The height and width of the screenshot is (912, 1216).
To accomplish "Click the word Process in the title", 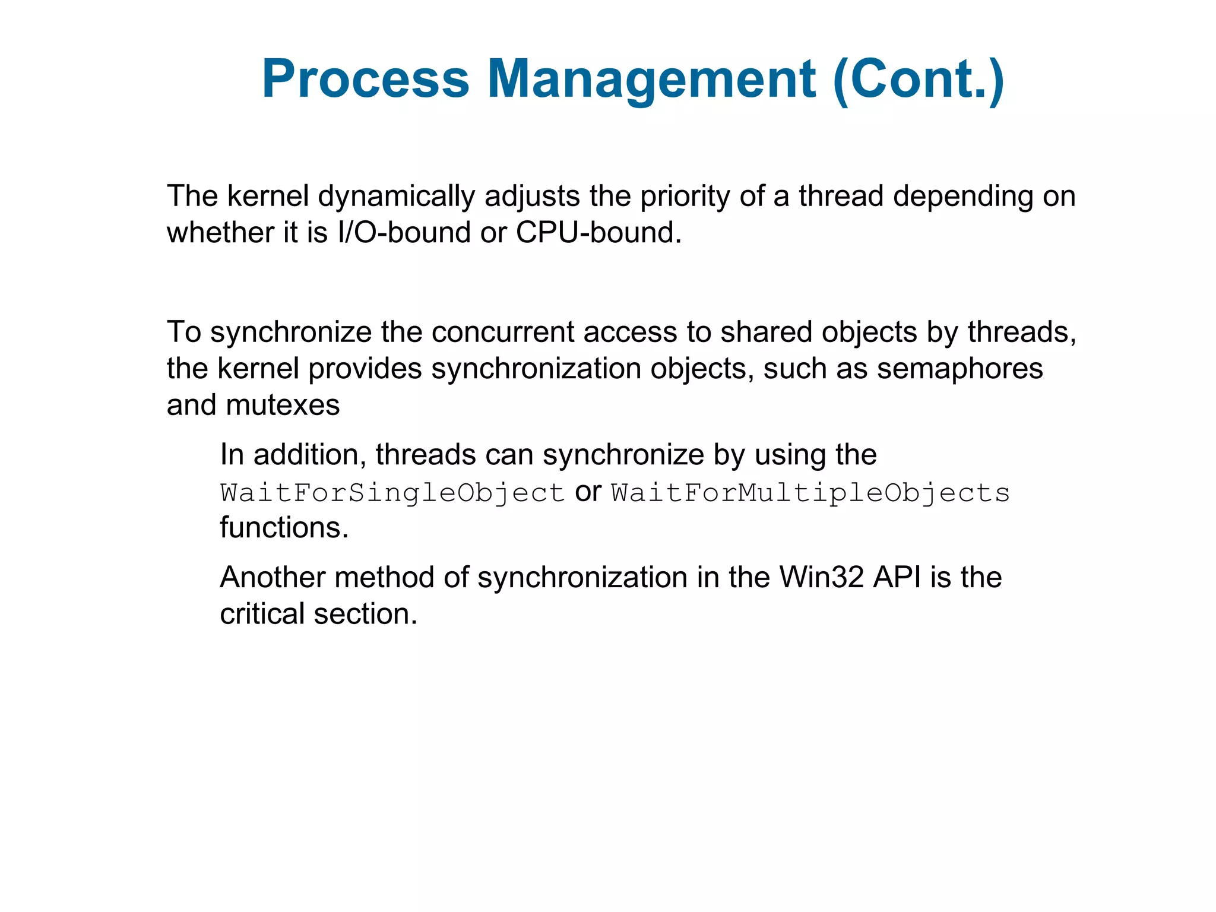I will pyautogui.click(x=365, y=79).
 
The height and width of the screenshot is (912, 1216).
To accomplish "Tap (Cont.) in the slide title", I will pyautogui.click(x=918, y=79).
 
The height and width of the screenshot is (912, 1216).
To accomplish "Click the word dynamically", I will pyautogui.click(x=396, y=197).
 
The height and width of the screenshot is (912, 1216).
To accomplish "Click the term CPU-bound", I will pyautogui.click(x=598, y=233).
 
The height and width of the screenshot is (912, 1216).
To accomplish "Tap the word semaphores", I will pyautogui.click(x=959, y=369).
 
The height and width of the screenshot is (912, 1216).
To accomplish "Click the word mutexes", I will pyautogui.click(x=283, y=406).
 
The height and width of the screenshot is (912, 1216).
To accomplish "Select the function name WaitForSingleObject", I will pyautogui.click(x=392, y=493).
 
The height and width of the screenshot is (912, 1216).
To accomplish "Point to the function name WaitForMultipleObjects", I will pyautogui.click(x=810, y=493).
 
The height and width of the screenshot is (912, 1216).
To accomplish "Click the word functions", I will pyautogui.click(x=284, y=528).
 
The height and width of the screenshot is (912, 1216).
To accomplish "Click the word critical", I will pyautogui.click(x=262, y=614).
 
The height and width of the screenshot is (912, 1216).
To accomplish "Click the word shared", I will pyautogui.click(x=766, y=332).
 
